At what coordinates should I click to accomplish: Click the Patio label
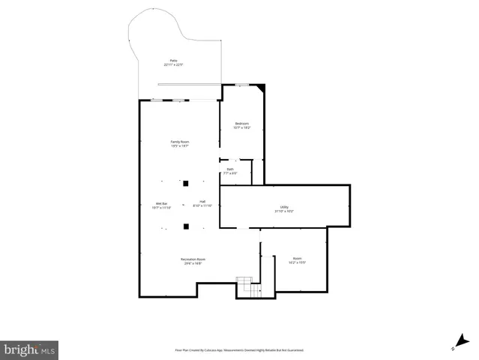pyautogui.click(x=173, y=61)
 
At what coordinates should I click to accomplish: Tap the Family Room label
pyautogui.click(x=179, y=142)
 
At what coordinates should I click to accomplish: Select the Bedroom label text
pyautogui.click(x=241, y=124)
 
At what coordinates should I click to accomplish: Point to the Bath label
pyautogui.click(x=231, y=169)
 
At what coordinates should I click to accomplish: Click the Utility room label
pyautogui.click(x=284, y=208)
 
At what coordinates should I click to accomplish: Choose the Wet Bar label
pyautogui.click(x=160, y=203)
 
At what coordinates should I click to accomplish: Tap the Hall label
pyautogui.click(x=202, y=201)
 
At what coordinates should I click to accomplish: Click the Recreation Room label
pyautogui.click(x=193, y=259)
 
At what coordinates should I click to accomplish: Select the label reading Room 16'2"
pyautogui.click(x=297, y=258)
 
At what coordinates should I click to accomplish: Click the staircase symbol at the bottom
pyautogui.click(x=247, y=286)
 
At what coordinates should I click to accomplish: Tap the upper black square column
pyautogui.click(x=186, y=182)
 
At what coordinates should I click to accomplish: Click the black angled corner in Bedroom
pyautogui.click(x=260, y=88)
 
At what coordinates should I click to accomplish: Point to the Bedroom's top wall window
pyautogui.click(x=241, y=85)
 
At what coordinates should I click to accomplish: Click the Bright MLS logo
pyautogui.click(x=29, y=349)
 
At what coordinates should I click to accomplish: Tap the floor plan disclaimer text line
pyautogui.click(x=239, y=350)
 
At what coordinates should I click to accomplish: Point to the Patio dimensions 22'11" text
pyautogui.click(x=174, y=65)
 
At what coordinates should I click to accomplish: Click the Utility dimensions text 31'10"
pyautogui.click(x=284, y=211)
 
